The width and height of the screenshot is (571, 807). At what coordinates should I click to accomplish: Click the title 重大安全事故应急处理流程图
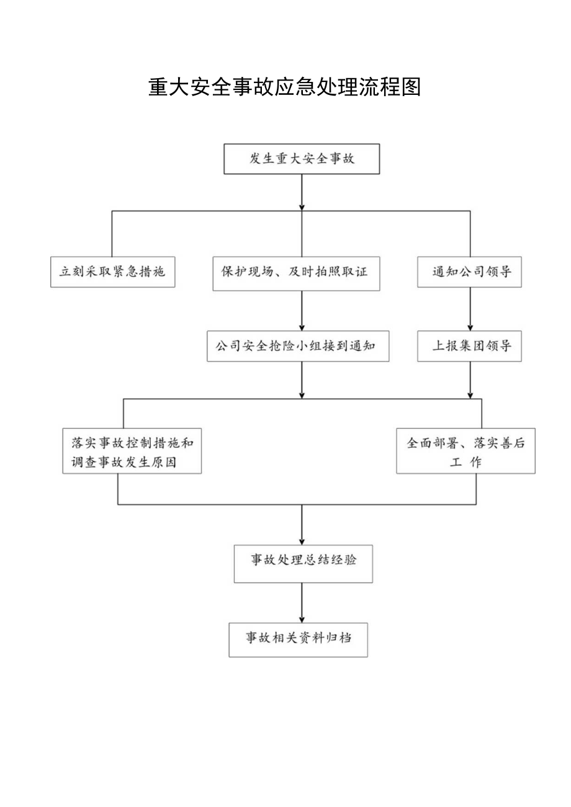285,87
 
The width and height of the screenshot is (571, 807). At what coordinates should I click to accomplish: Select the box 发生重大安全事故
302,159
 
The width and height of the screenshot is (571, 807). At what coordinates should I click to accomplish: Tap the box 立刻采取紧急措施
112,272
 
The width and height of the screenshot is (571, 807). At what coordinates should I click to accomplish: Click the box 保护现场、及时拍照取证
296,274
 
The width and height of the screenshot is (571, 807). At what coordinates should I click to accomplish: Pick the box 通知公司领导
469,272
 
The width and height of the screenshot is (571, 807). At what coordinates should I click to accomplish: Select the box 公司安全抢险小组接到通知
298,347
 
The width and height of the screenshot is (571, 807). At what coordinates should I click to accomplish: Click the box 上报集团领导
469,347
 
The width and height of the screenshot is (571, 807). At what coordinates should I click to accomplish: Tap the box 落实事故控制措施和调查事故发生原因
132,452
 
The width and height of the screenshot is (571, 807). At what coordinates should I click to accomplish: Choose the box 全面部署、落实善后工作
465,452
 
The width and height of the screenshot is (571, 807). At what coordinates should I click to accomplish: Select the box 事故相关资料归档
298,639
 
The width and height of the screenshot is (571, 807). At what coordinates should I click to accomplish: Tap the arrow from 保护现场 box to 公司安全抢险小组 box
302,310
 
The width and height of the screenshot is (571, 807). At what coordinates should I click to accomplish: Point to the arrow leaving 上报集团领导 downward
470,380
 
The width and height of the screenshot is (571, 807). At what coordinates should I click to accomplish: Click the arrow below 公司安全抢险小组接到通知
302,380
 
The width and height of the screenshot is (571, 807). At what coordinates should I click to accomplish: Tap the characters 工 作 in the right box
465,463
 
